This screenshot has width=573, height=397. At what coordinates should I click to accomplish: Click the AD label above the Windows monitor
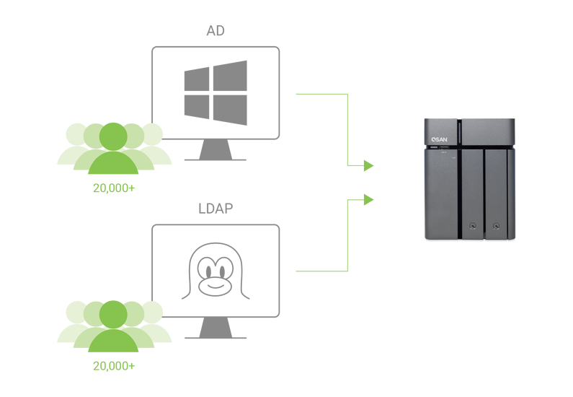coord(215,32)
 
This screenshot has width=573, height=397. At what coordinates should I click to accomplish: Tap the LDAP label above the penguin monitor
coord(215,209)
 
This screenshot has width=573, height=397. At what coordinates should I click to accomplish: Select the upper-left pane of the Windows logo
coord(195,80)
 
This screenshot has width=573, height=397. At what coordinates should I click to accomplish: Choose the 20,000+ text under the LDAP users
coord(113,365)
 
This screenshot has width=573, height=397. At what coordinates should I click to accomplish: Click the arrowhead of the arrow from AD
coord(368,166)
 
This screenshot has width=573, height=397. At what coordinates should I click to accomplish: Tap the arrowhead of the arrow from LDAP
coord(368,199)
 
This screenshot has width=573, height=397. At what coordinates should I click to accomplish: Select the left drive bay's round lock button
coord(473,226)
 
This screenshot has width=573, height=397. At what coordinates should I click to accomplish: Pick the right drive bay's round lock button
coord(497,226)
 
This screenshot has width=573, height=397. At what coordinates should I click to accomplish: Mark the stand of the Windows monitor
coord(215,151)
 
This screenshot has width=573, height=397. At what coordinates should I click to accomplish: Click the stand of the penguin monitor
coord(215,328)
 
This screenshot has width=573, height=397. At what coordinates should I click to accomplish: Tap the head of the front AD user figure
coord(112,135)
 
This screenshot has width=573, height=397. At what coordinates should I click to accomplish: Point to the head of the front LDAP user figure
coord(112,313)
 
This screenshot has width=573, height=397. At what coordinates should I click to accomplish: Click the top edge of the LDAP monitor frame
coord(215,224)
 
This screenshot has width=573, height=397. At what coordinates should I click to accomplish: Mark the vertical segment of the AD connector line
coord(348,130)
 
